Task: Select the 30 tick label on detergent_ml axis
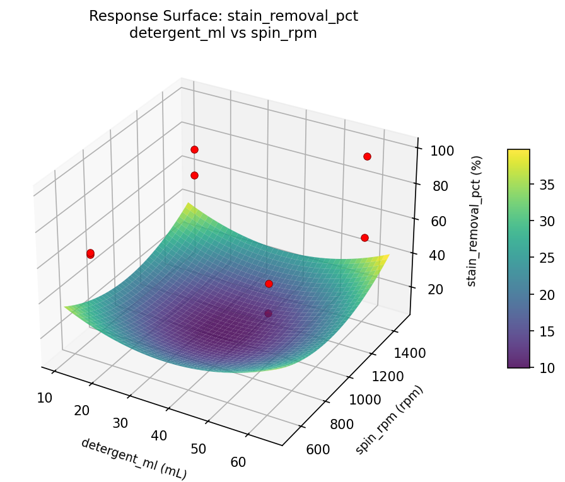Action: click(x=120, y=423)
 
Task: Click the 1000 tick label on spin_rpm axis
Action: click(x=364, y=399)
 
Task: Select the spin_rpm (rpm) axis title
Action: click(x=389, y=419)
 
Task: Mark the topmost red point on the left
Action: click(x=194, y=149)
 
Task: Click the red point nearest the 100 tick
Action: click(x=367, y=156)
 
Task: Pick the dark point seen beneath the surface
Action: click(x=269, y=313)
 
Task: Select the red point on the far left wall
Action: click(x=90, y=253)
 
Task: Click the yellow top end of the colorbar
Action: click(x=518, y=152)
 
